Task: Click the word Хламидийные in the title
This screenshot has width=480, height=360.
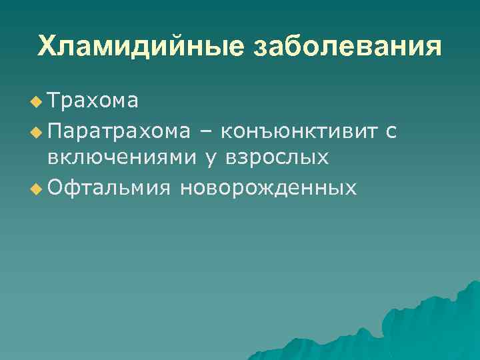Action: pos(137,47)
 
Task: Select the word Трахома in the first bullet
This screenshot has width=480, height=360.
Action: pos(93,101)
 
